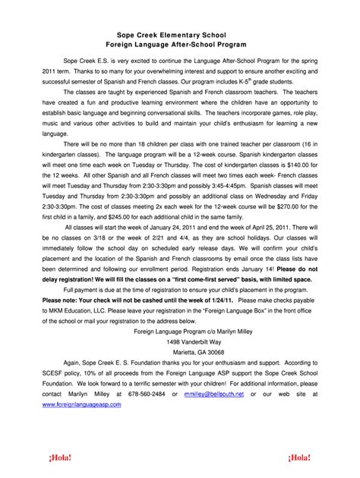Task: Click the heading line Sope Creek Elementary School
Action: [x=180, y=35]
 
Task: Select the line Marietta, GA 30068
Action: [x=179, y=353]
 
